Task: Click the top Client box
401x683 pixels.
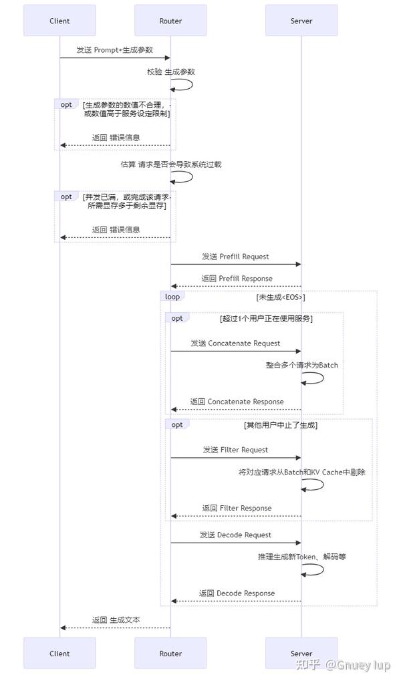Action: [x=59, y=21]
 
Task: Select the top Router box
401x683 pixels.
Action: [x=170, y=21]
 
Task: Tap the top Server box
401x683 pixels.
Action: [x=301, y=21]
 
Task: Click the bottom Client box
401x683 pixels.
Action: [x=59, y=653]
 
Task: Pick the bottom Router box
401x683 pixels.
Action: [x=170, y=653]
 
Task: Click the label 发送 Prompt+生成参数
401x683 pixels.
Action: [x=114, y=50]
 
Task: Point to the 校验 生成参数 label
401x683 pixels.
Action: [x=171, y=71]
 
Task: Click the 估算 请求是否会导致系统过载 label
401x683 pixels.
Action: [x=170, y=164]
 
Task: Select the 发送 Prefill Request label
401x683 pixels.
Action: [x=235, y=256]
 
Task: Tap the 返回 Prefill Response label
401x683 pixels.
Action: [x=236, y=278]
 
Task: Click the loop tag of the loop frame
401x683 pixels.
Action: [x=172, y=296]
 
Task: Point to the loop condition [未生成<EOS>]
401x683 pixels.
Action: [x=281, y=297]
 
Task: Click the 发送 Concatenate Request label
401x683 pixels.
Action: [x=235, y=343]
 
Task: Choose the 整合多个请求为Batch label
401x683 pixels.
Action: [x=301, y=365]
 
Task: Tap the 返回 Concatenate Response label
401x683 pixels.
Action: [x=237, y=402]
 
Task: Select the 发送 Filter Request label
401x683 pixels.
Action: [x=235, y=450]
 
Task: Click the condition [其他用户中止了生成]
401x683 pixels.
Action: [x=280, y=425]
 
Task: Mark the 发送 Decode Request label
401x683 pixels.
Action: [x=235, y=535]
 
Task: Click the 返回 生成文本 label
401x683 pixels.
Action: [x=116, y=620]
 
